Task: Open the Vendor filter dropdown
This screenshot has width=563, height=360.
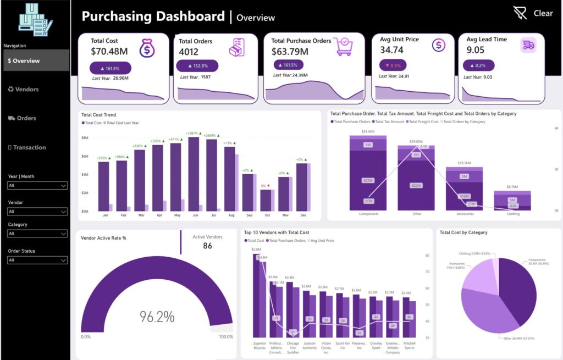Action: (x=37, y=211)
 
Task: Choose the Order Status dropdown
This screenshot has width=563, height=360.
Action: (x=37, y=260)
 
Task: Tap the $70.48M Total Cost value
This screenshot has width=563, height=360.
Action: (x=109, y=51)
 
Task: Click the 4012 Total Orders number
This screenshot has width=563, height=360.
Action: (x=189, y=52)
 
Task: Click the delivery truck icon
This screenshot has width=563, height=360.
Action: (x=528, y=46)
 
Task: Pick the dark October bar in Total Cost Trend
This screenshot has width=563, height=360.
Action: (x=266, y=200)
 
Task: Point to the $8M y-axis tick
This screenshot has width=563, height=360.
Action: (x=85, y=138)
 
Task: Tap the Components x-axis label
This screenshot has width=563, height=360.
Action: (x=368, y=213)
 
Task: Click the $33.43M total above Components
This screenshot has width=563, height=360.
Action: (x=368, y=132)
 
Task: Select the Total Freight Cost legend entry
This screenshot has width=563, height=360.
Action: (x=423, y=121)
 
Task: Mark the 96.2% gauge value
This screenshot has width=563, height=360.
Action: (x=157, y=317)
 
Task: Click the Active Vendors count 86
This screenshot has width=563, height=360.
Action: (x=207, y=246)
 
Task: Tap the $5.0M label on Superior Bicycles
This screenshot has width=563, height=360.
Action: (x=256, y=250)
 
